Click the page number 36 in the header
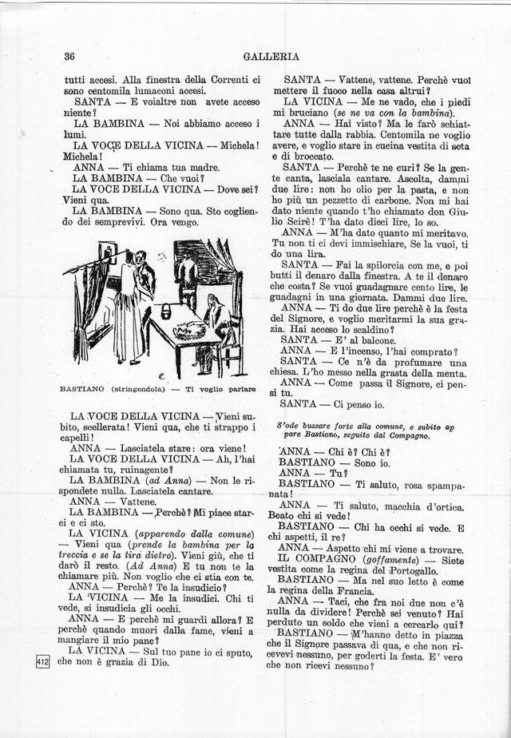(69, 57)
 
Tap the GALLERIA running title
(272, 57)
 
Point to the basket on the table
(188, 330)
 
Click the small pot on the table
(166, 311)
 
